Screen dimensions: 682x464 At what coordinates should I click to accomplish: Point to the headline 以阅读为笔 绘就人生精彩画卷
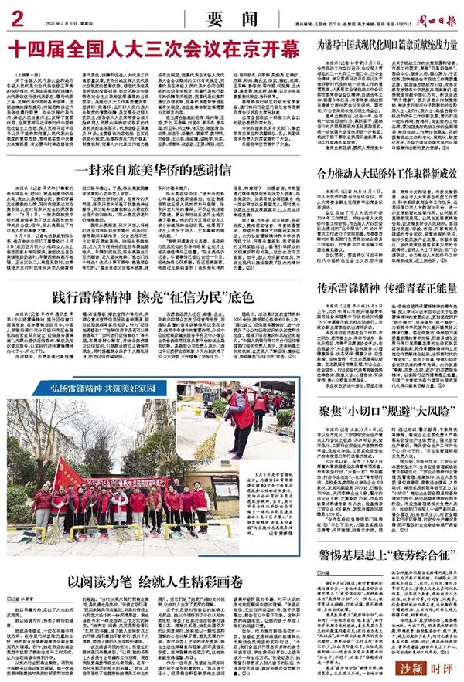click(x=152, y=558)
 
